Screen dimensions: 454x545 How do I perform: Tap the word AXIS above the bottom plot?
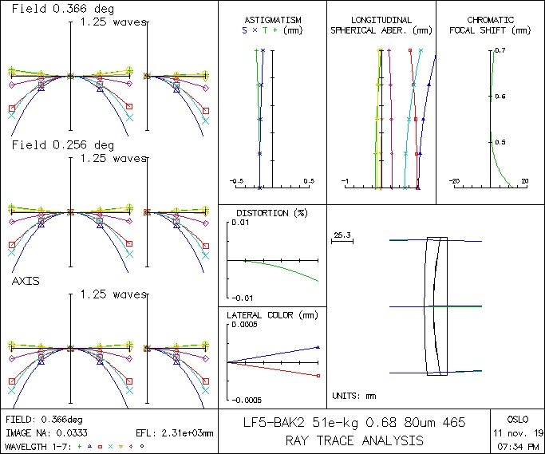26,282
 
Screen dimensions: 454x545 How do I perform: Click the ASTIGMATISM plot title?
272,19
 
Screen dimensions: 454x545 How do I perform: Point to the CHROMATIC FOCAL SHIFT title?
490,25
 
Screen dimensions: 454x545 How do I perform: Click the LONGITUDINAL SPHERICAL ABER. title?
381,25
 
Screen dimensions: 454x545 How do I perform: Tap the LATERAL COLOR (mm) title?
272,315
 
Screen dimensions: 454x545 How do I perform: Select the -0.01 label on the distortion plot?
243,298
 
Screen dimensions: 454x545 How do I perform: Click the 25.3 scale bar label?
342,235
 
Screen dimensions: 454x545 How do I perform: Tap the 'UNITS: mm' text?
353,395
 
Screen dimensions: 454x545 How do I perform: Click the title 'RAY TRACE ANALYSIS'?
354,440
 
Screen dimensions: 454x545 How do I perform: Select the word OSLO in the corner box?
516,418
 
